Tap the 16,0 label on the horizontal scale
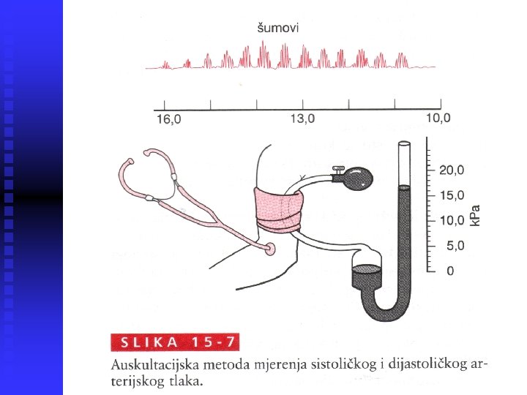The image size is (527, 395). [168, 120]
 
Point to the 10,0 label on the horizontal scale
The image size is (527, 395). [439, 118]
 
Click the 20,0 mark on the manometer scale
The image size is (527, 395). [452, 170]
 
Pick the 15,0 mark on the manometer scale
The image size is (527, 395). [452, 195]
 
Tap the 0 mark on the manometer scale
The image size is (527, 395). [450, 271]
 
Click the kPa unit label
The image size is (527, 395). [476, 214]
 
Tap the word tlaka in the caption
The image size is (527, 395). [187, 380]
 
